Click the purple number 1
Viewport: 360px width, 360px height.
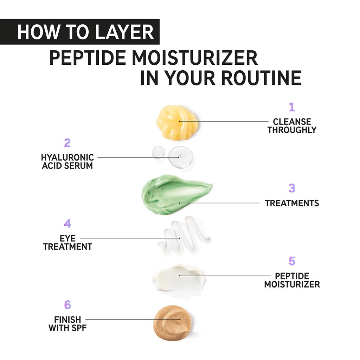(x=291, y=107)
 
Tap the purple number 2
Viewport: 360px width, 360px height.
(x=67, y=143)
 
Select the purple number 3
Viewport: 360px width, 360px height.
(x=292, y=188)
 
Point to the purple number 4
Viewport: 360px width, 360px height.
(x=67, y=224)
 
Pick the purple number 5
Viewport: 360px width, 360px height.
(x=292, y=261)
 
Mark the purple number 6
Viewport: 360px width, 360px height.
(x=67, y=305)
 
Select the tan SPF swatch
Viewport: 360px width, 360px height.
(x=173, y=323)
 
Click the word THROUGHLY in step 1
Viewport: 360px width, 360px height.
(x=292, y=130)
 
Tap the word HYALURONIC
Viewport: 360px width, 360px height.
(x=67, y=157)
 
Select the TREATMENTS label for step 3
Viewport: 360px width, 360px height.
(x=292, y=203)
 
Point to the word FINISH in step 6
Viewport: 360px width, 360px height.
(x=67, y=320)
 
